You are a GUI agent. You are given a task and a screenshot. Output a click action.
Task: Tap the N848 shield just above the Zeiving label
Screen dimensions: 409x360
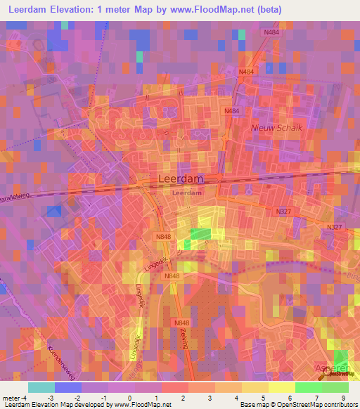point(180,322)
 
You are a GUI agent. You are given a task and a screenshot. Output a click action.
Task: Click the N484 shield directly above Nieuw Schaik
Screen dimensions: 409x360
point(232,112)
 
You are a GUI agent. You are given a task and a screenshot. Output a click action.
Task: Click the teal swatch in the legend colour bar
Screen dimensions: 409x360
point(41,387)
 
